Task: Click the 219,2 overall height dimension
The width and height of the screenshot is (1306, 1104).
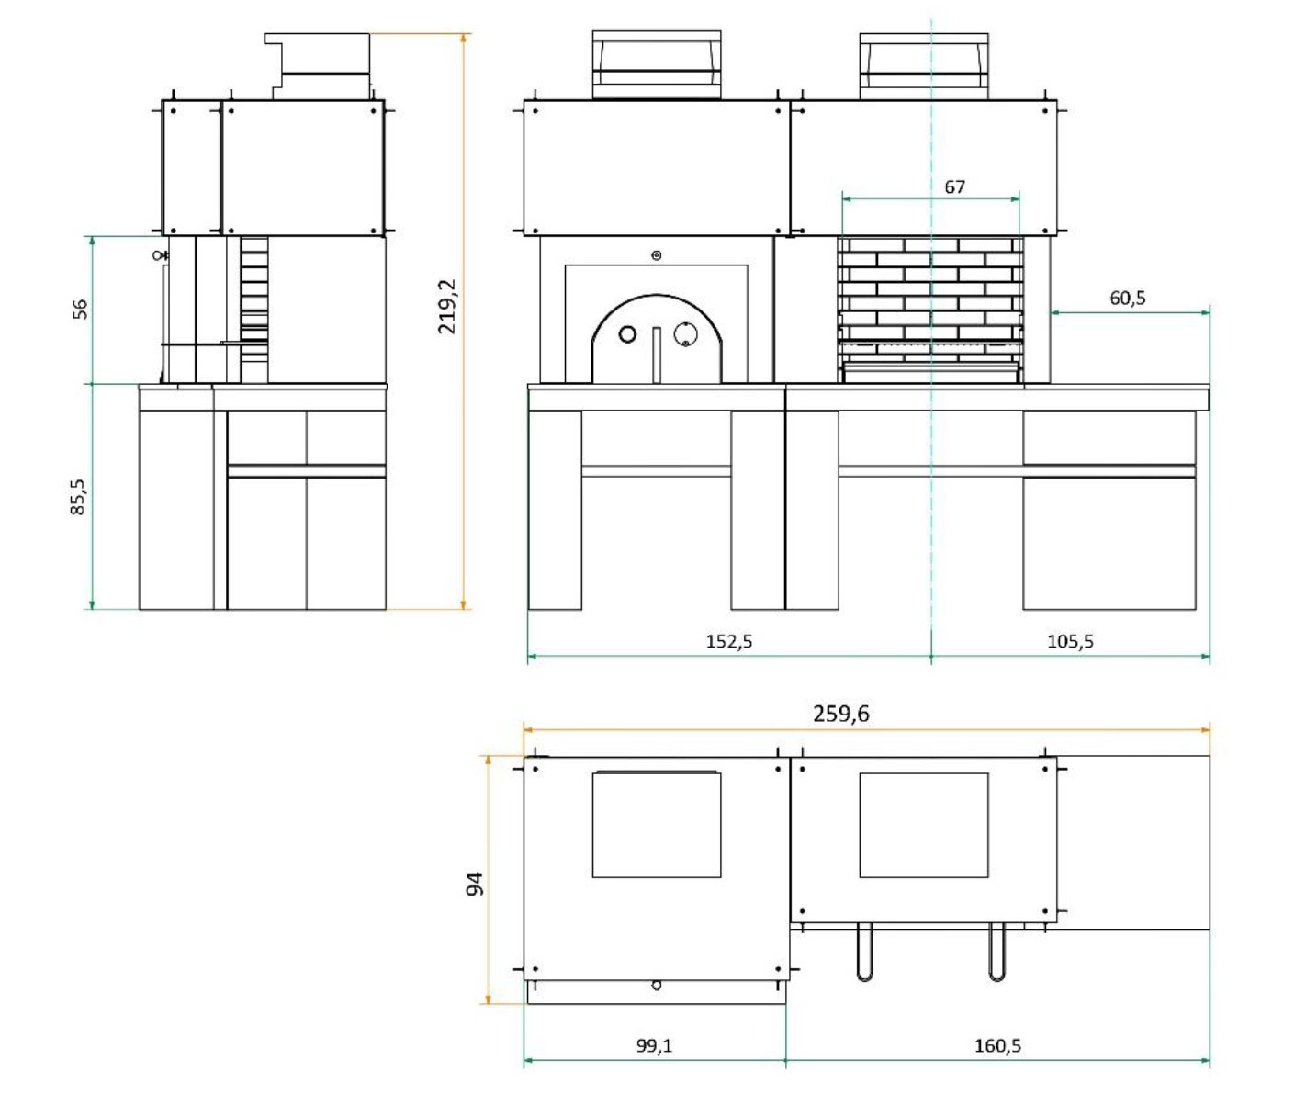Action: [447, 307]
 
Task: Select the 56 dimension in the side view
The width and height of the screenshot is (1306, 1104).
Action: [80, 309]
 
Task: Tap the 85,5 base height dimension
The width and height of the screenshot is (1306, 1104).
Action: [78, 497]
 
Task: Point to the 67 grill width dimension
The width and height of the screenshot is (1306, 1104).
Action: [954, 187]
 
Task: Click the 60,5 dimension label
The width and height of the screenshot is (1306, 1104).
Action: [1128, 298]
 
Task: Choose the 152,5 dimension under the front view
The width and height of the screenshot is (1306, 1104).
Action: [729, 641]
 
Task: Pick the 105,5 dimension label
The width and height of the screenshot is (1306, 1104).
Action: [1070, 641]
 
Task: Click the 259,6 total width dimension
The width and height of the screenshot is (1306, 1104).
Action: [841, 714]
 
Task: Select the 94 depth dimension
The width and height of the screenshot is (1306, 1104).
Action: [475, 884]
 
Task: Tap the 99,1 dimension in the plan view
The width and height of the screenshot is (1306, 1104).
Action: [655, 1046]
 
